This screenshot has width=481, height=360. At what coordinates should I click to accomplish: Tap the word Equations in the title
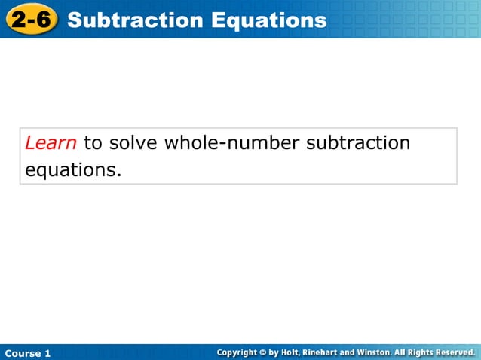[x=268, y=20]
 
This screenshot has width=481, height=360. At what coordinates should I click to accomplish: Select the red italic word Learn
[x=51, y=142]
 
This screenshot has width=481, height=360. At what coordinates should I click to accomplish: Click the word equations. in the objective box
[x=73, y=170]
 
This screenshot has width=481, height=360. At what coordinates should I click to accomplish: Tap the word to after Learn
[x=93, y=142]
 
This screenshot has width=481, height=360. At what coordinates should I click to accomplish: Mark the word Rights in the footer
[x=416, y=352]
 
